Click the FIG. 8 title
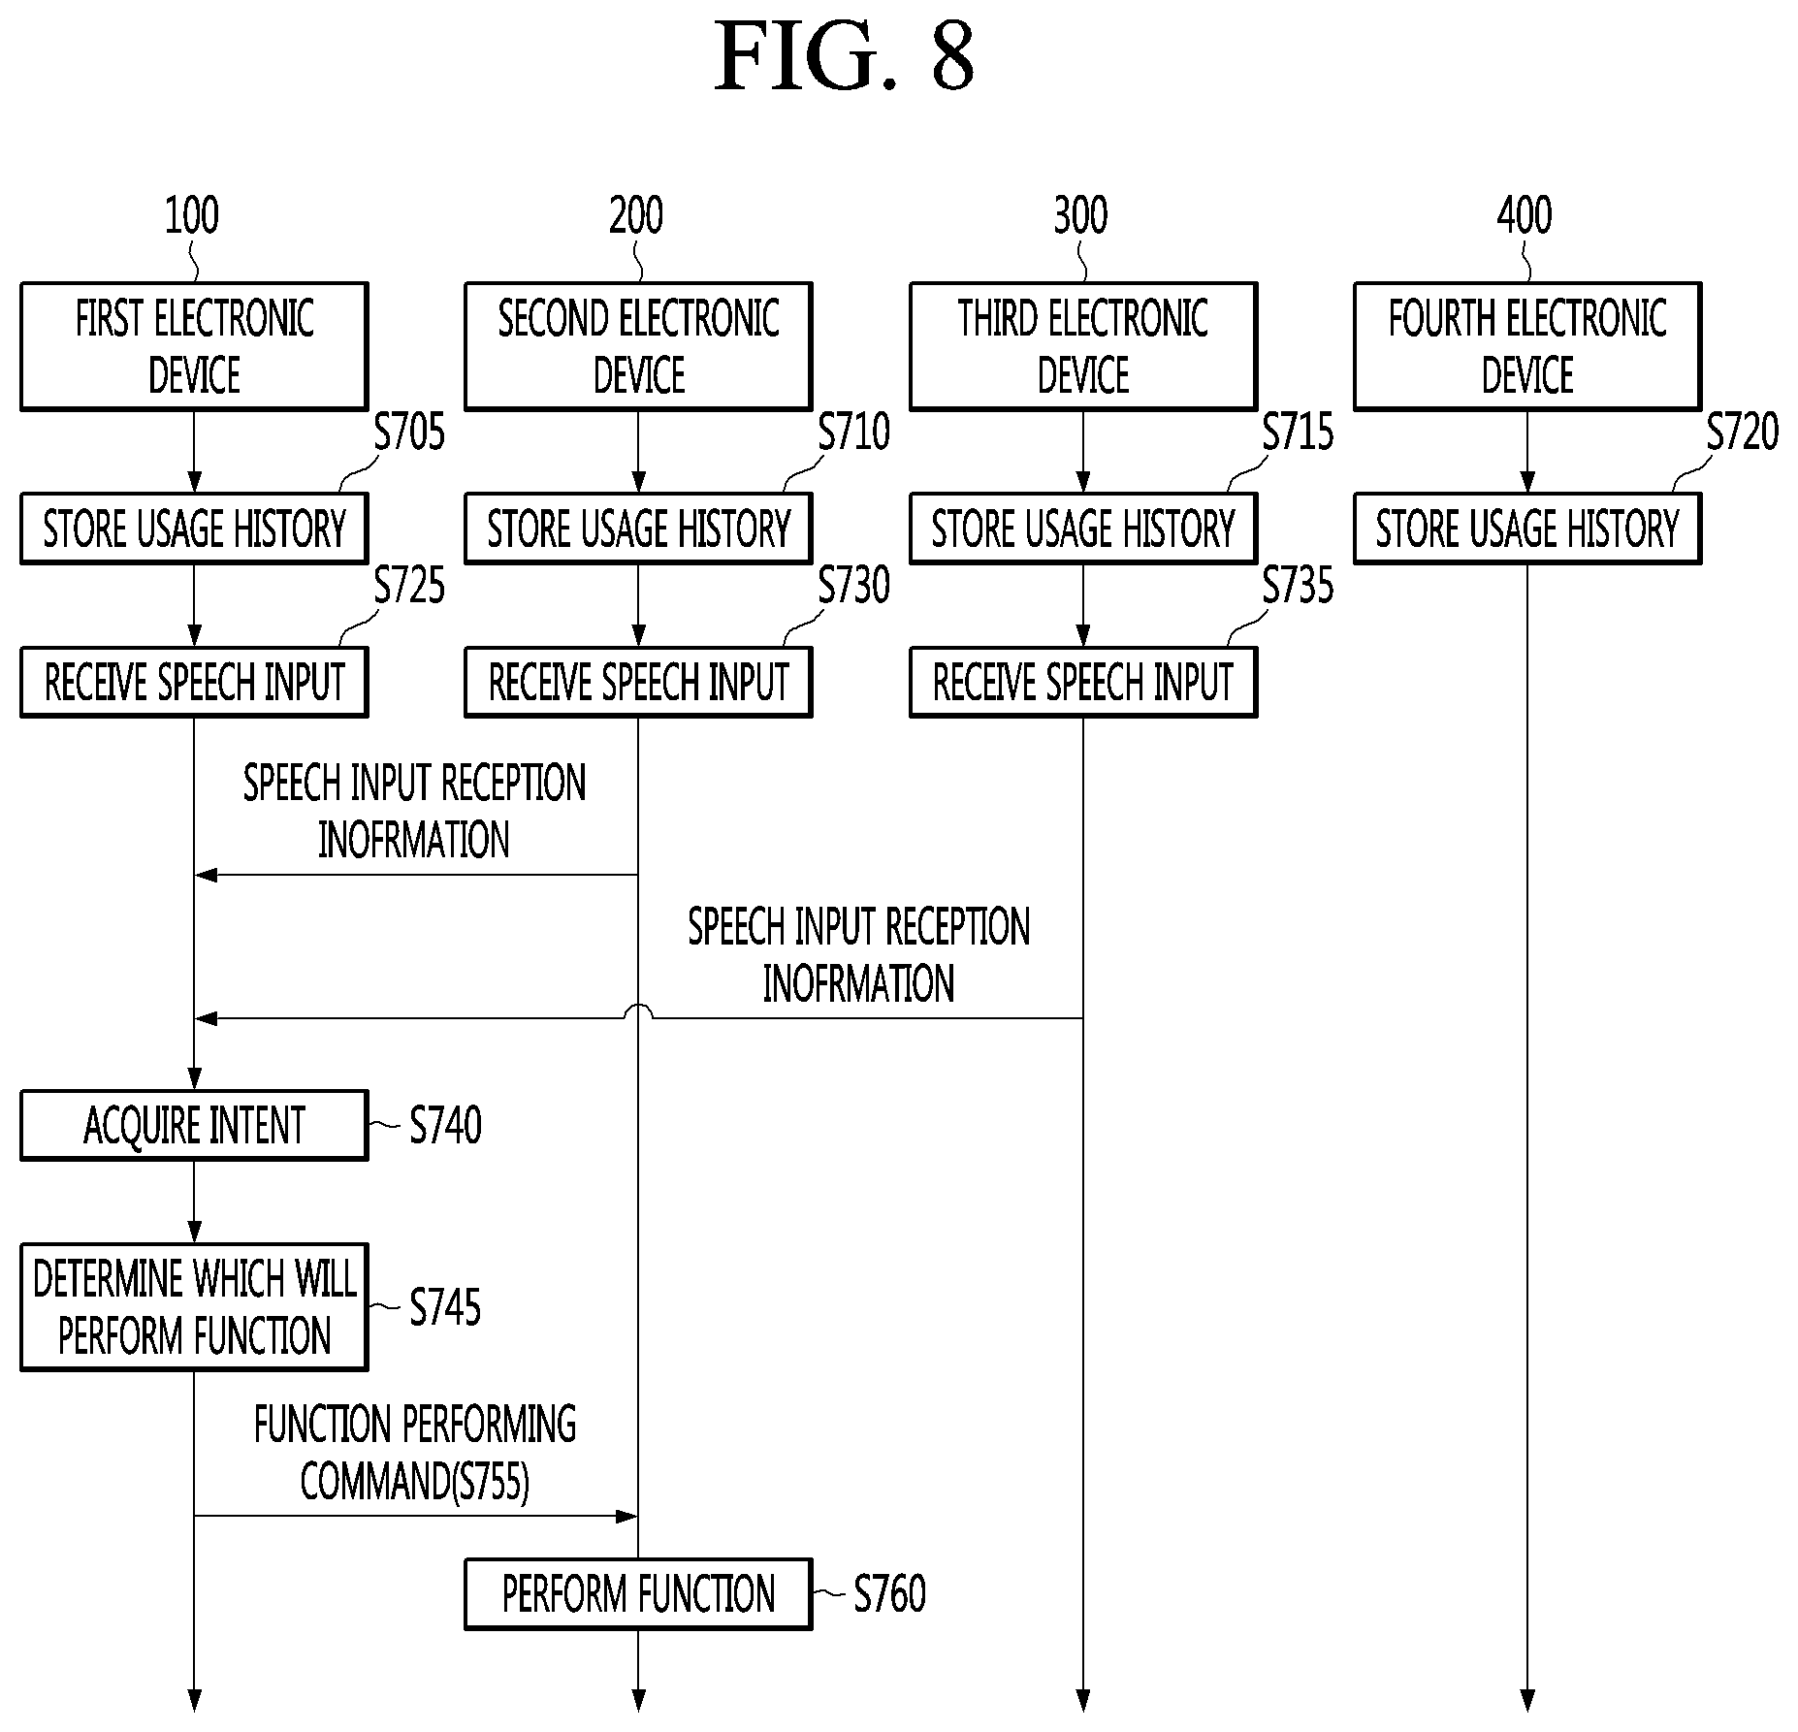coord(844,57)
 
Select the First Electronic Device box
coord(194,346)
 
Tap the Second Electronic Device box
coord(638,346)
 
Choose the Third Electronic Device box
coord(1083,346)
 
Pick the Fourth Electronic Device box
coord(1527,346)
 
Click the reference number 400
coord(1525,215)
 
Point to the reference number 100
coord(192,215)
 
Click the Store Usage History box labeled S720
coord(1527,529)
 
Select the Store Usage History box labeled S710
coord(638,529)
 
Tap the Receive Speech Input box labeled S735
coord(1083,682)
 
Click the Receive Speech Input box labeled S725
coord(194,682)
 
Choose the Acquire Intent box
coord(194,1125)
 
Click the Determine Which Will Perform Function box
coord(194,1306)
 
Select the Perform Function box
coord(638,1594)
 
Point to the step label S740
coord(445,1126)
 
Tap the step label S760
coord(889,1594)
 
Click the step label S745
coord(445,1307)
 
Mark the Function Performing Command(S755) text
coord(415,1453)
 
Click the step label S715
coord(1298,432)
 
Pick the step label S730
coord(853,585)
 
